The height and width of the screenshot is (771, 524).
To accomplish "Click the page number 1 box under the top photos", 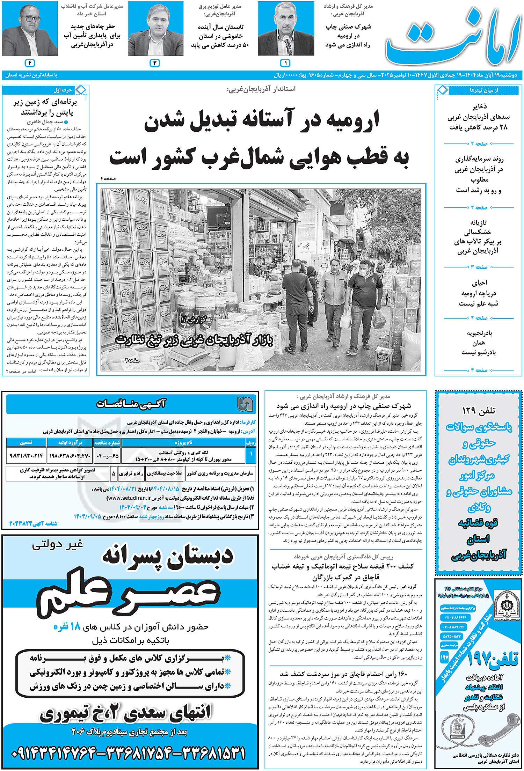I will click(285, 63).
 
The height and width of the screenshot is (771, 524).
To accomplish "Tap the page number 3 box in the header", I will click(155, 63).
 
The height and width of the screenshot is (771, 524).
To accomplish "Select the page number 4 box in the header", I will click(30, 63).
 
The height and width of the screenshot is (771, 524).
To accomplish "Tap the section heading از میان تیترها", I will click(483, 90).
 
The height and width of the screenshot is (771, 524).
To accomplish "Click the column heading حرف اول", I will click(63, 90).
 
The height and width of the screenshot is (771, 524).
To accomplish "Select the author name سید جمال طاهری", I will click(45, 122).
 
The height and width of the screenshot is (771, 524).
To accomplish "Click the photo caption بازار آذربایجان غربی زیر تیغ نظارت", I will click(194, 340).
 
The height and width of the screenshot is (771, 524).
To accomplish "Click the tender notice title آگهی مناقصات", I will click(131, 404).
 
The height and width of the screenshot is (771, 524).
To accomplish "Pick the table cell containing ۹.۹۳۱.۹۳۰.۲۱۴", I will click(26, 456).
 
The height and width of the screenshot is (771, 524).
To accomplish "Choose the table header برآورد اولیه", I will click(70, 443).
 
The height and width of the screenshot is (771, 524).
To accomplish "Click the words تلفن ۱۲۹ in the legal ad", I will click(479, 411).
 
